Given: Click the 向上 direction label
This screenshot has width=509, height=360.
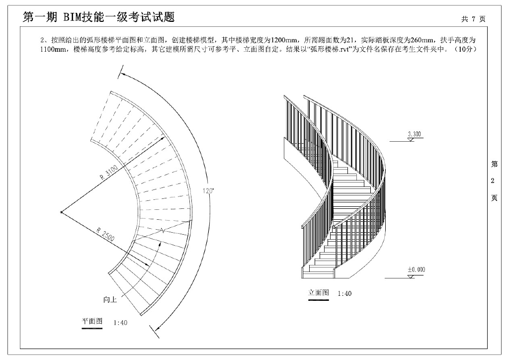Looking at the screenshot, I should coord(110,299).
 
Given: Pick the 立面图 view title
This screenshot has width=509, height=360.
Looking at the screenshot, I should coord(319,292).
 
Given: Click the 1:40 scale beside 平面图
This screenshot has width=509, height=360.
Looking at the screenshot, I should coord(120,323).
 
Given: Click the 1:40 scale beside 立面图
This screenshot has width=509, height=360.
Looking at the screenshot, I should coord(344,293).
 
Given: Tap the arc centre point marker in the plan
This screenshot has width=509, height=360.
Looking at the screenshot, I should coord(61,212).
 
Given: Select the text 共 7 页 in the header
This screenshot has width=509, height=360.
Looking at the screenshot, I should coord(473,19).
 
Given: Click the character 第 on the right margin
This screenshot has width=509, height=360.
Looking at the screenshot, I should coord(494,164).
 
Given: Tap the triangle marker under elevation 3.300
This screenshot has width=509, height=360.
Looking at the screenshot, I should coord(411,140).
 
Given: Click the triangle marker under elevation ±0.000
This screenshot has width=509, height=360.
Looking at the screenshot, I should coord(411,275).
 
